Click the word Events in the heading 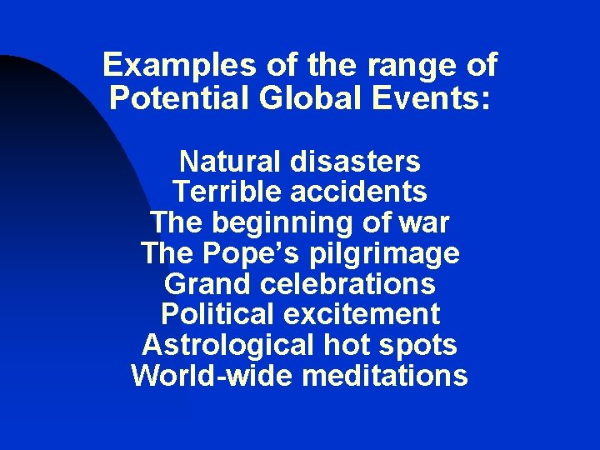point(437,99)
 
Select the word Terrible point(227,192)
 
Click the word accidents point(358,192)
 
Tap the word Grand point(208,284)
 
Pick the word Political point(210,315)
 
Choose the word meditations point(385,376)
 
